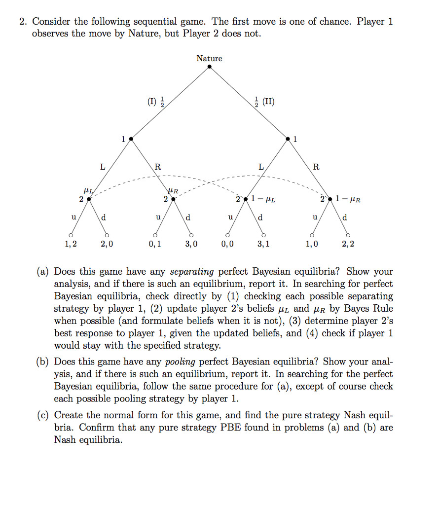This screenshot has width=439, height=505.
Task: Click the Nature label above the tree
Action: tap(209, 58)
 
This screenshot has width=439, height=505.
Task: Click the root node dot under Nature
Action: tap(209, 67)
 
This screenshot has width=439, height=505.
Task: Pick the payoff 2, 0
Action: tap(107, 244)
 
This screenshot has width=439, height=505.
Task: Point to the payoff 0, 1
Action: tap(155, 244)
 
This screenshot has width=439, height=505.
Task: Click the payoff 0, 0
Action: tap(227, 244)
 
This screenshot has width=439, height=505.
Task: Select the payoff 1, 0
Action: tap(311, 244)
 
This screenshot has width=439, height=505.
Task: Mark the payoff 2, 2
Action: tap(348, 244)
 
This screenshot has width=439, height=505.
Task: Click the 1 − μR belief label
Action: tap(348, 200)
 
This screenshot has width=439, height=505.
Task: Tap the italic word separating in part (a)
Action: tap(192, 272)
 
